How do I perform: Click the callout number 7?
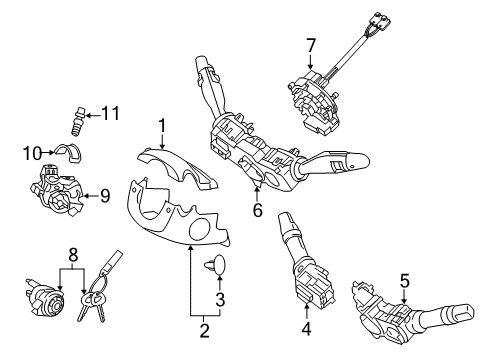[x=311, y=46]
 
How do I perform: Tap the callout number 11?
[x=110, y=113]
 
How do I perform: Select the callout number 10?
[x=32, y=153]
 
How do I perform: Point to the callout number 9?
[x=105, y=196]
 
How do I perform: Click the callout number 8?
[x=73, y=255]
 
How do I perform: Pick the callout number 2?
[x=204, y=330]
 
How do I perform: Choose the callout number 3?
[x=220, y=299]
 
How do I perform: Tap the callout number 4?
[x=306, y=328]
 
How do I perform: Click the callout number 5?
[x=404, y=281]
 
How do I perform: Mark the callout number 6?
[x=258, y=210]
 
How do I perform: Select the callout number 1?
[x=162, y=126]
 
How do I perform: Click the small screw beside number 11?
[x=79, y=121]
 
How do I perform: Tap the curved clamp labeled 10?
[x=69, y=152]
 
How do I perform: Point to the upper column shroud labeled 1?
[x=176, y=168]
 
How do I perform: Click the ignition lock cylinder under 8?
[x=44, y=297]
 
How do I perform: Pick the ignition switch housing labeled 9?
[x=57, y=190]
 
